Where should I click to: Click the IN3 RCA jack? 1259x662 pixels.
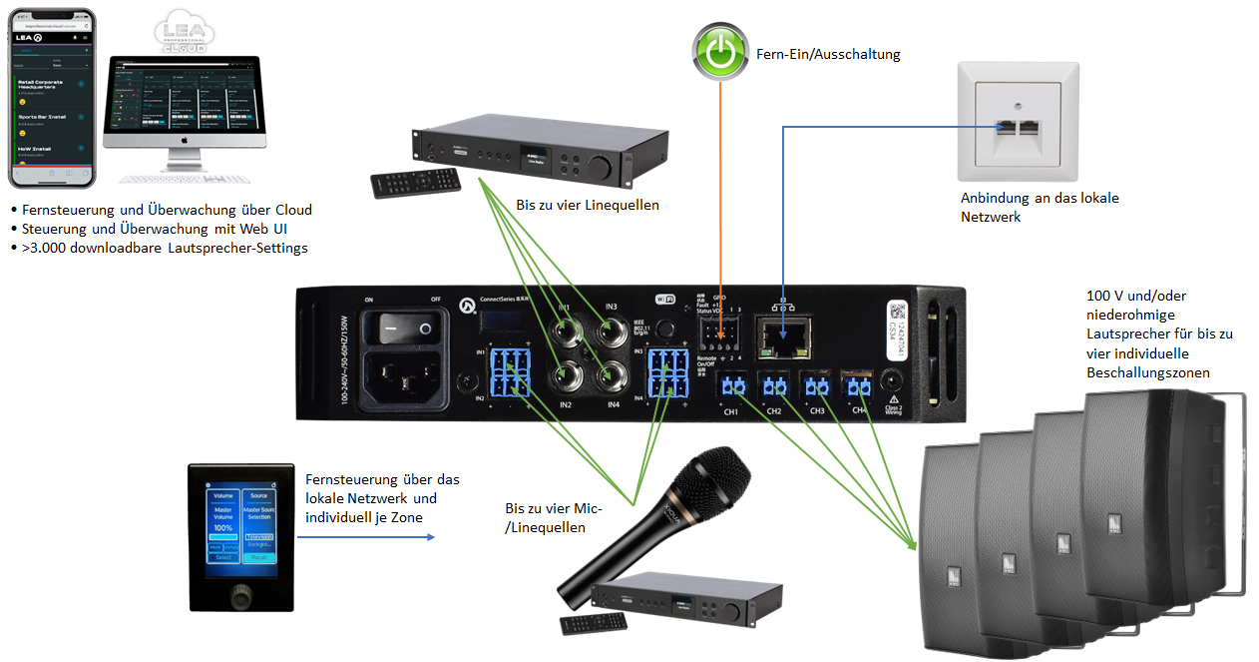pyautogui.click(x=611, y=330)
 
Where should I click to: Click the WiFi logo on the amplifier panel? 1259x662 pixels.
pyautogui.click(x=665, y=297)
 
